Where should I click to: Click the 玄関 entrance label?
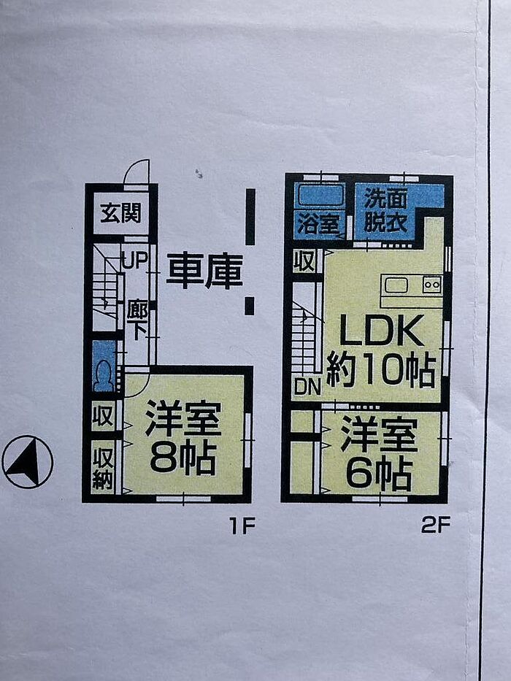click(x=120, y=215)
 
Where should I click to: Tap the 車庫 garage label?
click(x=204, y=271)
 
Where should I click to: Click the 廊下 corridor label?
click(x=137, y=320)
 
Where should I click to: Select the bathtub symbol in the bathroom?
click(x=319, y=195)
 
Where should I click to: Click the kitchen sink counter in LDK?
click(x=411, y=285)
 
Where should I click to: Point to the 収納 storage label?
click(x=103, y=466)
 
